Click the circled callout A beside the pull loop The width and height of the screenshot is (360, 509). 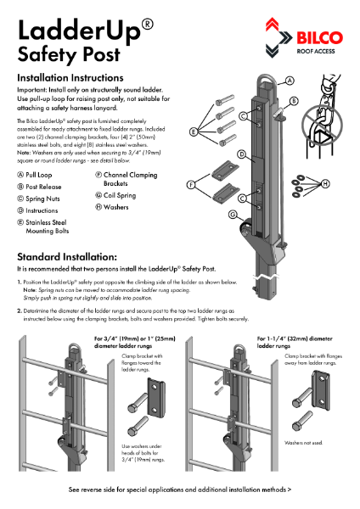click(290, 81)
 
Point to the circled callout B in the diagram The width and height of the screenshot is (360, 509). click(295, 100)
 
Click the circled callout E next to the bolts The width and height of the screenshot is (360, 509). click(194, 131)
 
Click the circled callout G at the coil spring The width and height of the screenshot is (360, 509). click(232, 215)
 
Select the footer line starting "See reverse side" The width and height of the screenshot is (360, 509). click(180, 489)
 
